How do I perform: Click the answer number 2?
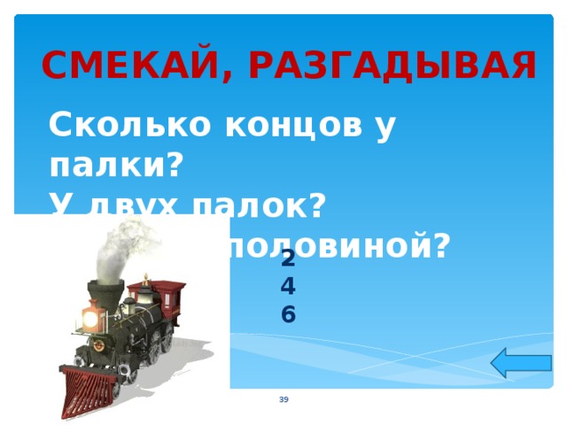pyautogui.click(x=288, y=259)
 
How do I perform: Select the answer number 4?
pyautogui.click(x=288, y=286)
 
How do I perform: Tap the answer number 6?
pyautogui.click(x=288, y=313)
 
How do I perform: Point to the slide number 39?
pyautogui.click(x=283, y=401)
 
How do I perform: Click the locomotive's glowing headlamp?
pyautogui.click(x=90, y=316)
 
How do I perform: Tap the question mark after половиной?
pyautogui.click(x=439, y=242)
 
